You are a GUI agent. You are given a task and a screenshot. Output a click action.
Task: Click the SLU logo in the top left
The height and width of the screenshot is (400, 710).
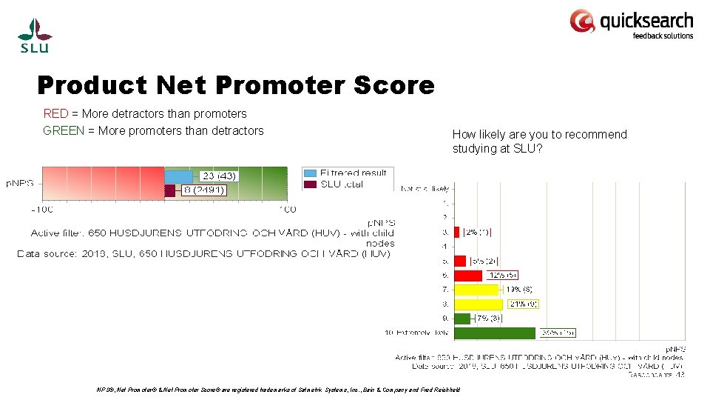tap(35, 36)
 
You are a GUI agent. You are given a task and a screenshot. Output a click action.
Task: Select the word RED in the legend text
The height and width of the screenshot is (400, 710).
tap(55, 114)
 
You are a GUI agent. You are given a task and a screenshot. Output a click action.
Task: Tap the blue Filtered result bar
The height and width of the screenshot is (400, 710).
tap(178, 176)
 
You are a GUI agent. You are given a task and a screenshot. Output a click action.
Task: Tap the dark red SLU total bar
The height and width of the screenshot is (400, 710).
tap(169, 190)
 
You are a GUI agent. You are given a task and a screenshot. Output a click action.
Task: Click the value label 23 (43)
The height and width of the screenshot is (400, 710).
tap(218, 176)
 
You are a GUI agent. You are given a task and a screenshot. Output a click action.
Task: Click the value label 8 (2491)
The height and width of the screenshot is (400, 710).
tap(204, 190)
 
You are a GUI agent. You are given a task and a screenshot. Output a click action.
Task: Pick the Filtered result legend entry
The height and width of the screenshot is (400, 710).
tap(345, 173)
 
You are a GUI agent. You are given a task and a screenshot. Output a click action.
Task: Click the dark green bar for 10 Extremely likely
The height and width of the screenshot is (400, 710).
tap(494, 333)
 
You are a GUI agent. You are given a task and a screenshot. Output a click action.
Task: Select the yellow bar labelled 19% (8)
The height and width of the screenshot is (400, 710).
tap(476, 290)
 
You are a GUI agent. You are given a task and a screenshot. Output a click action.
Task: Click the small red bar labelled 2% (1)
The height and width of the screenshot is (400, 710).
tap(456, 232)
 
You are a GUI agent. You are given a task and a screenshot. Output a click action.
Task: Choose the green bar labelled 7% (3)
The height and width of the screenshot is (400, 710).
tap(461, 319)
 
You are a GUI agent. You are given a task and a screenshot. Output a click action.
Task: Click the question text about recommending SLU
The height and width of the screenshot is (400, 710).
tap(539, 141)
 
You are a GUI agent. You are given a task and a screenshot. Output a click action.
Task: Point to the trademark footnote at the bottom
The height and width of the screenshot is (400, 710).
tap(278, 390)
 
